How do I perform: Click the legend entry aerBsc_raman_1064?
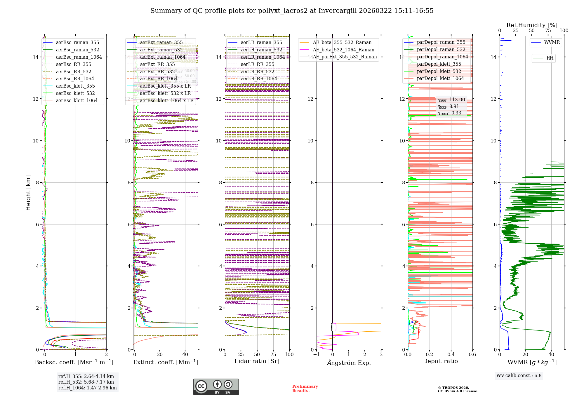click(x=79, y=57)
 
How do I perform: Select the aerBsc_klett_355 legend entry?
click(x=75, y=86)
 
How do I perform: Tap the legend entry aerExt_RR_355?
click(x=157, y=64)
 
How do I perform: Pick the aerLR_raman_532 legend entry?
click(x=261, y=50)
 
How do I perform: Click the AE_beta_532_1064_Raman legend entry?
click(x=343, y=50)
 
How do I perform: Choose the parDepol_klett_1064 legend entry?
click(x=440, y=78)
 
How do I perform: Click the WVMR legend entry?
click(x=552, y=42)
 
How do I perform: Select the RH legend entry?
click(x=550, y=58)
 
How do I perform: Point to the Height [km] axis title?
click(x=28, y=193)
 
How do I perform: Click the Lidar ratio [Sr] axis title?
click(x=257, y=361)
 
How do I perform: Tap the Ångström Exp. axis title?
click(x=349, y=363)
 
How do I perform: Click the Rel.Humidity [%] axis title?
click(x=532, y=25)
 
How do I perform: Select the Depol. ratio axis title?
click(x=440, y=361)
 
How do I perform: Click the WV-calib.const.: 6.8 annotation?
click(x=519, y=376)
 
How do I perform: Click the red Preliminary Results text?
click(x=305, y=388)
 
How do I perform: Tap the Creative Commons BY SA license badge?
click(x=216, y=387)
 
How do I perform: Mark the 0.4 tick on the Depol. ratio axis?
click(x=451, y=354)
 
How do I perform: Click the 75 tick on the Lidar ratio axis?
click(x=273, y=354)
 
